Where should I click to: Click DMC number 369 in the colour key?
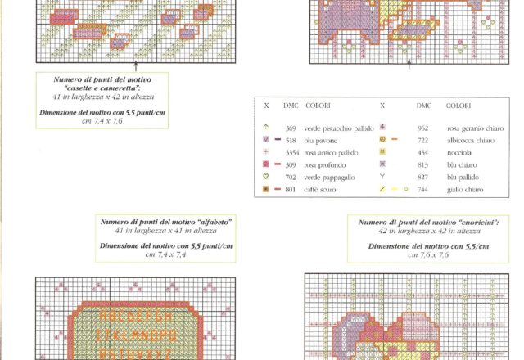291,128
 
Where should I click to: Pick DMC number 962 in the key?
422,128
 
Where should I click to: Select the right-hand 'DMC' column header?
423,106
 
